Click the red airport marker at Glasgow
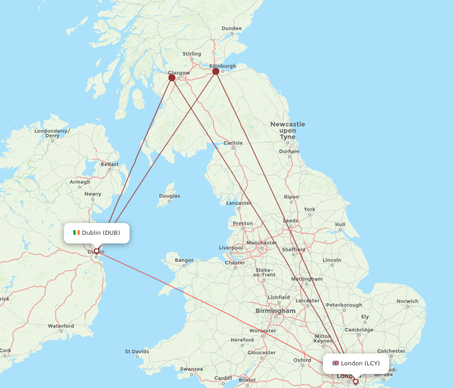coord(172,78)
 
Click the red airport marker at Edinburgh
coord(216,71)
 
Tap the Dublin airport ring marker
coord(96,251)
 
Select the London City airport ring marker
coord(356,382)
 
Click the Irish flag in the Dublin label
coord(77,233)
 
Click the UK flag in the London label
coord(336,363)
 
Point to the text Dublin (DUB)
coord(101,233)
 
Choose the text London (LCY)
coord(360,363)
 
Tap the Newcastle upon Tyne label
coord(288,131)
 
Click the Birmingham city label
coord(275,311)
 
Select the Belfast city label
coord(110,165)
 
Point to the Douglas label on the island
coord(169,196)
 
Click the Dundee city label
coord(231,29)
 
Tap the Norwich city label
coord(407,301)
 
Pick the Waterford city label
coord(61,326)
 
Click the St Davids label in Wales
coord(137,351)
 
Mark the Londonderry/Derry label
coord(53,133)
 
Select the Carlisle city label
coord(233,143)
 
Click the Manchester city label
coord(262,242)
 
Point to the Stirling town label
coord(192,54)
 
